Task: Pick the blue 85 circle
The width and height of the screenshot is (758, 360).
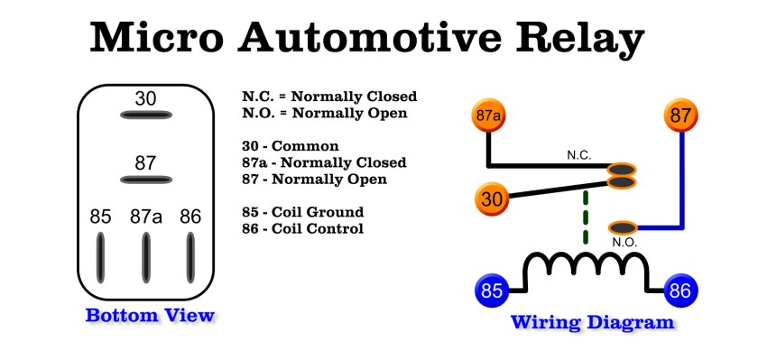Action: coord(491,291)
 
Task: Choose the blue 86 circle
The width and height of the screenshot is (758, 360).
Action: coord(680,291)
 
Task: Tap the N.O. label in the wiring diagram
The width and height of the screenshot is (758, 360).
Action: coord(624,243)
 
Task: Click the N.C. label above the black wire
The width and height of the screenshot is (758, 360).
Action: coord(578,155)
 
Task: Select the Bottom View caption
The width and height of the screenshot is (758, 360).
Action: coord(150,316)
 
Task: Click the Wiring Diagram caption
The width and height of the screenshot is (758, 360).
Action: coord(592,322)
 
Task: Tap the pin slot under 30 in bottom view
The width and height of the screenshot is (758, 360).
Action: coord(145,115)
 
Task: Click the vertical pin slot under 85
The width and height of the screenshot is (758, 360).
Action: coord(100,258)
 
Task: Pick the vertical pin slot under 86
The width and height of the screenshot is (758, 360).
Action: coord(190,258)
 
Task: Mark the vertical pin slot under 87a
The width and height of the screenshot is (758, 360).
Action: coord(145,258)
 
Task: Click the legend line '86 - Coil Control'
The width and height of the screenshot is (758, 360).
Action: coord(302,228)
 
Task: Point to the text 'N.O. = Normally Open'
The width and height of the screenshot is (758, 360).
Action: coord(324,113)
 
